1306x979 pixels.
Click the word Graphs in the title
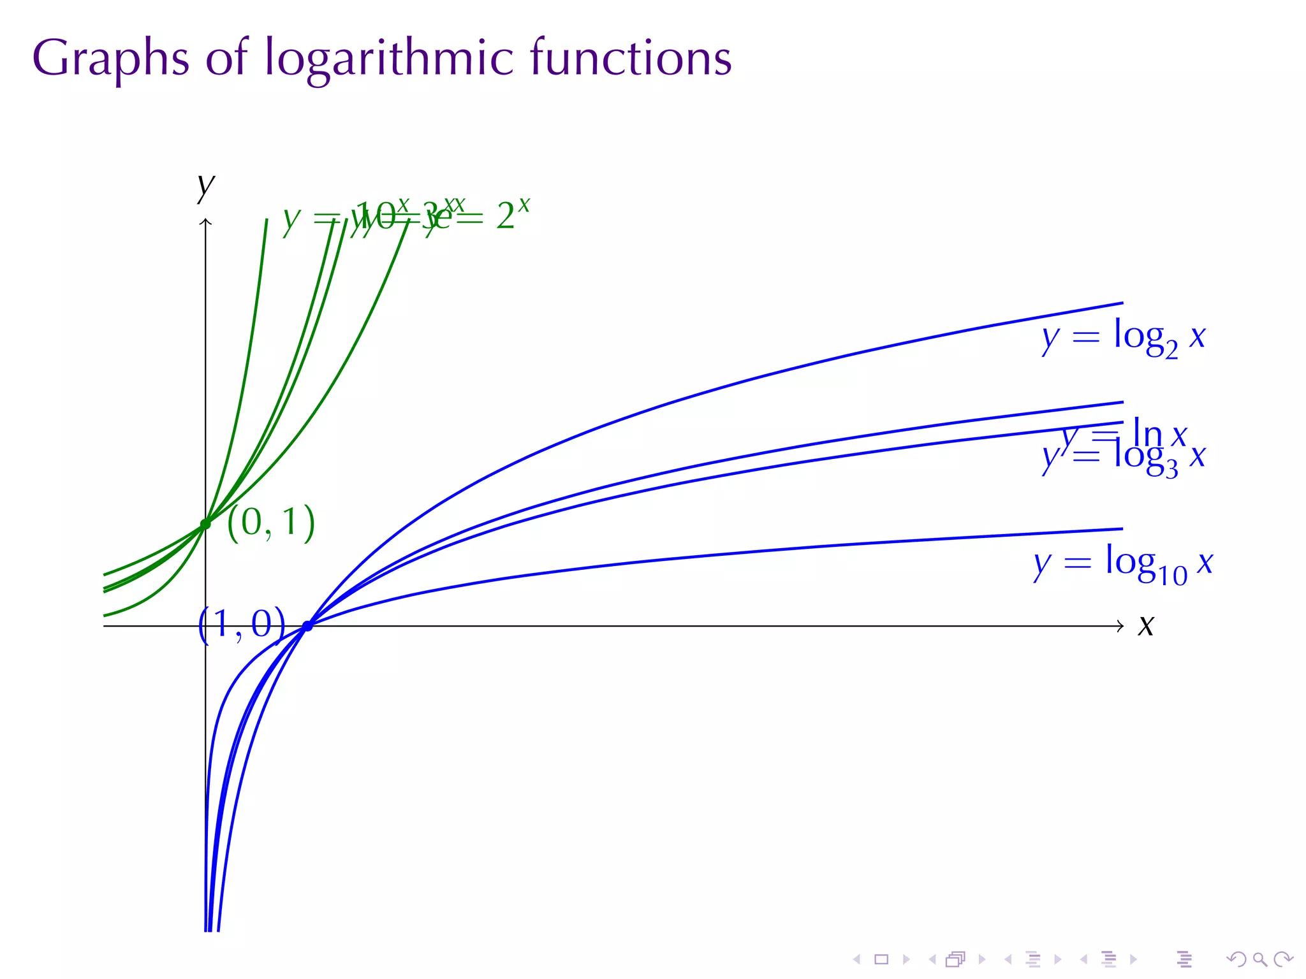tap(110, 59)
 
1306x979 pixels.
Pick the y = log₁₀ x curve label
tap(1123, 564)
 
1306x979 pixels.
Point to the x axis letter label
tap(1146, 626)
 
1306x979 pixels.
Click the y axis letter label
tap(205, 186)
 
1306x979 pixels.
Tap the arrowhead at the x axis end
tap(1120, 626)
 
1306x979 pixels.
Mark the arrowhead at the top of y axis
tap(205, 221)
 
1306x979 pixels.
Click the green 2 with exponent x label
tap(513, 215)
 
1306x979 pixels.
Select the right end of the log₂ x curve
tap(1122, 303)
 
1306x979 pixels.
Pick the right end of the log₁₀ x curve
tap(1122, 529)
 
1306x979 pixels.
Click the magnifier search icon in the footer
tap(1259, 959)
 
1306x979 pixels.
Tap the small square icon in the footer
tap(881, 959)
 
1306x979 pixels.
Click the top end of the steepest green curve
tap(267, 220)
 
